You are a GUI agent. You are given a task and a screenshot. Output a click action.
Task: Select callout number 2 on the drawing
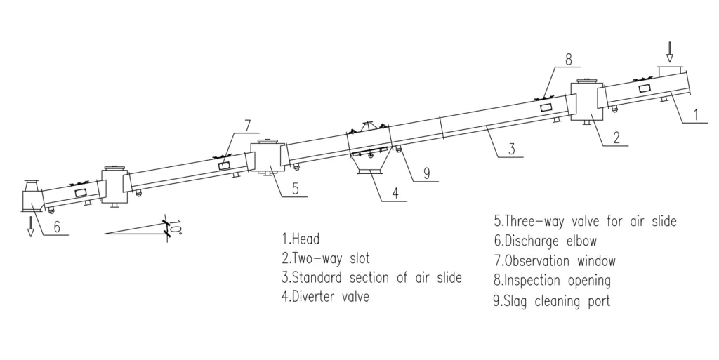coord(615,137)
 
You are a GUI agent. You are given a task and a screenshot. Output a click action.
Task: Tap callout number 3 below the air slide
coord(513,149)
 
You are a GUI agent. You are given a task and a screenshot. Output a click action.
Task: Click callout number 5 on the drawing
coord(295,188)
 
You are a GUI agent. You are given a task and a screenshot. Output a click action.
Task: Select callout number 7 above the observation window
coord(247,126)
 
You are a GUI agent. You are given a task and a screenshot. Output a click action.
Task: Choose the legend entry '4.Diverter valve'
coord(325,297)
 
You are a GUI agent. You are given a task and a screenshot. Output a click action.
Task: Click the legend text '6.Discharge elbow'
coord(545,241)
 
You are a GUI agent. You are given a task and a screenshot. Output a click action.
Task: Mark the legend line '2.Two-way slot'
coord(325,258)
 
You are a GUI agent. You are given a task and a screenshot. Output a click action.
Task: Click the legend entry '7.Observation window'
coord(555,261)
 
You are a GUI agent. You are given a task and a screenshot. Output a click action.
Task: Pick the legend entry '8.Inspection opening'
coord(552,281)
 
